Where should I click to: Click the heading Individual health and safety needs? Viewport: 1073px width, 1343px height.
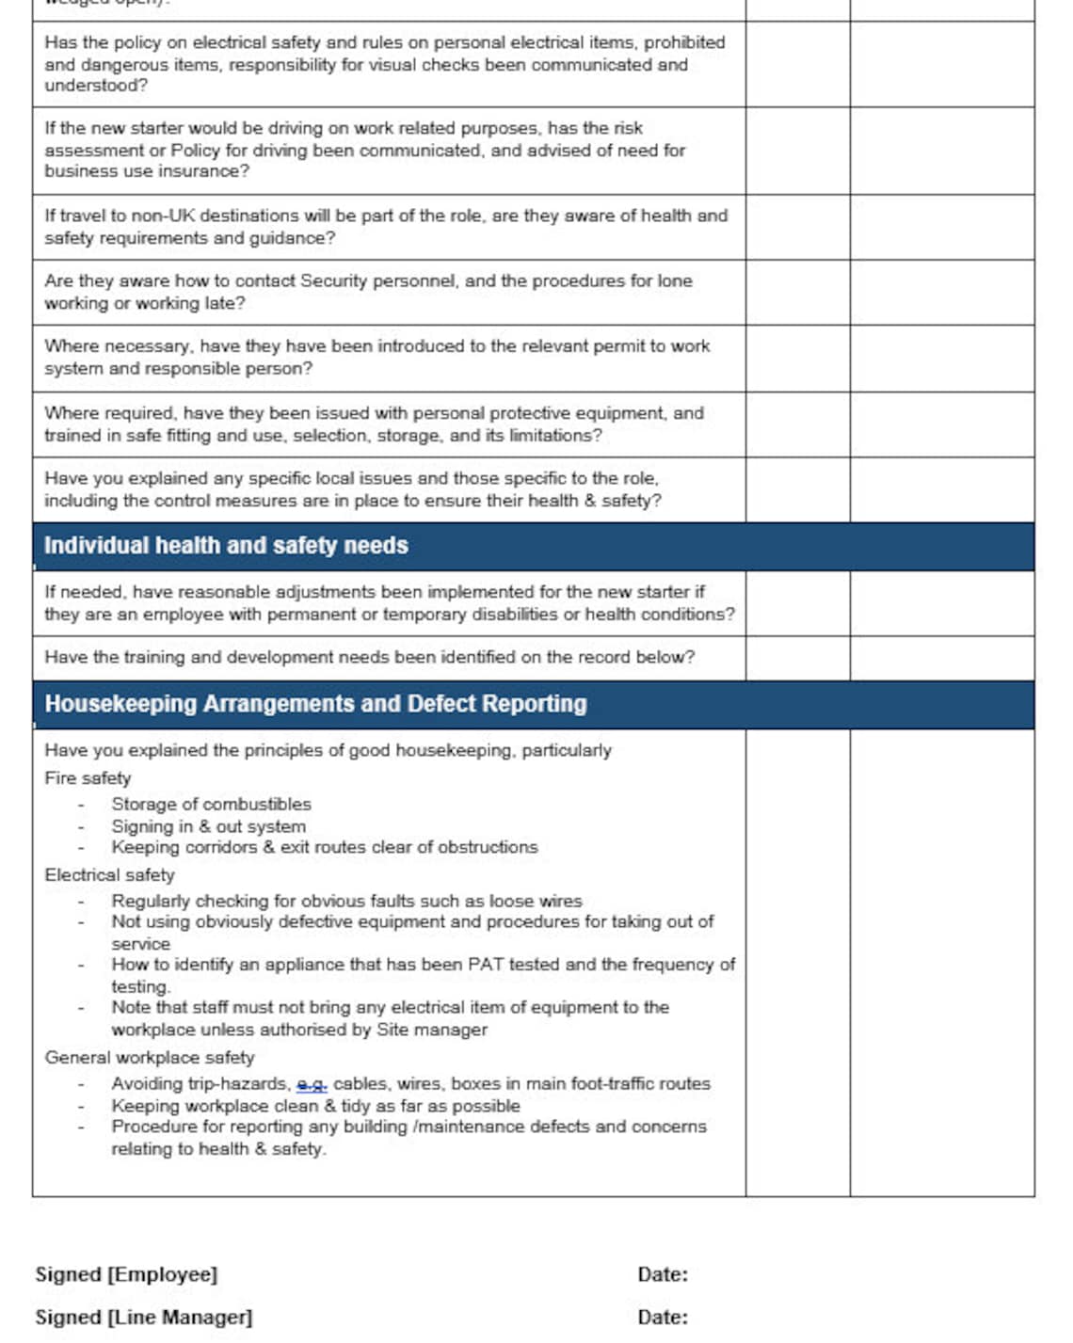226,546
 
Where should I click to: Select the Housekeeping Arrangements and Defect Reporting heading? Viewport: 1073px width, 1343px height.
315,704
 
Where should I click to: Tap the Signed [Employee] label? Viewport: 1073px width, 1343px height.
126,1274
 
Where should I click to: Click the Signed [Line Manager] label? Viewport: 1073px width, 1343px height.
144,1318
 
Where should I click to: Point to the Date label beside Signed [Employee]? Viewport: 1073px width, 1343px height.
662,1274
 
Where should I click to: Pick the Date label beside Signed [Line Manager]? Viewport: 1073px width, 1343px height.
662,1318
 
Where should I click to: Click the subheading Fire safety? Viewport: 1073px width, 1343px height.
88,778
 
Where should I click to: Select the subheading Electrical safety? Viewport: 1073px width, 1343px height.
109,875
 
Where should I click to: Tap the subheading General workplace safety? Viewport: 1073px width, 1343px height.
149,1058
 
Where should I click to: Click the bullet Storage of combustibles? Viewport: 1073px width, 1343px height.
211,805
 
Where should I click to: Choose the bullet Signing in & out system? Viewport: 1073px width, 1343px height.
208,826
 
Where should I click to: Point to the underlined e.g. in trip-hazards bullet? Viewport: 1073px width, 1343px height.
312,1084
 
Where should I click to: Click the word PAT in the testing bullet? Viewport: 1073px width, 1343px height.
480,965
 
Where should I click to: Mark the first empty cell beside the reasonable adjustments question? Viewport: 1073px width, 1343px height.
797,603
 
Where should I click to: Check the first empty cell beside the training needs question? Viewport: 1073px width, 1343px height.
797,658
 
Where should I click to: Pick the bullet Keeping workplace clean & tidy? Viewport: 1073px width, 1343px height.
315,1106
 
